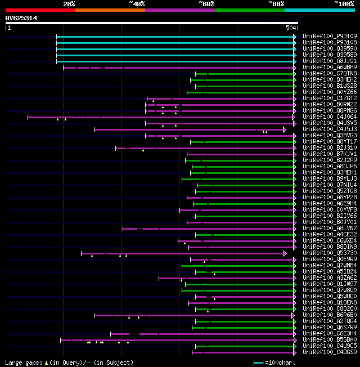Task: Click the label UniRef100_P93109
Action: click(x=330, y=37)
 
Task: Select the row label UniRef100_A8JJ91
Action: click(x=330, y=61)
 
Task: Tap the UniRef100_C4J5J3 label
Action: click(x=330, y=129)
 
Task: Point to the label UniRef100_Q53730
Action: click(x=330, y=253)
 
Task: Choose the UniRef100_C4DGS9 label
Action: click(x=330, y=352)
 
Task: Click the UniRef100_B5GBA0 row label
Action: click(x=330, y=340)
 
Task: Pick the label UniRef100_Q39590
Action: click(x=330, y=49)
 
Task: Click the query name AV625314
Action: click(x=21, y=18)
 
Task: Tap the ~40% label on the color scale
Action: click(x=137, y=4)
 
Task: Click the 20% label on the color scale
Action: click(x=69, y=4)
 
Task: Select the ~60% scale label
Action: click(x=206, y=4)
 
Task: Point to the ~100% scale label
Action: click(x=344, y=4)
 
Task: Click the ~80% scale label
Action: click(x=276, y=4)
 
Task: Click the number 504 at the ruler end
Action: click(x=291, y=28)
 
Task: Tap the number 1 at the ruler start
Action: click(x=8, y=28)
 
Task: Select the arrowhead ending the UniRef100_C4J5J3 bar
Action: click(x=285, y=129)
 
